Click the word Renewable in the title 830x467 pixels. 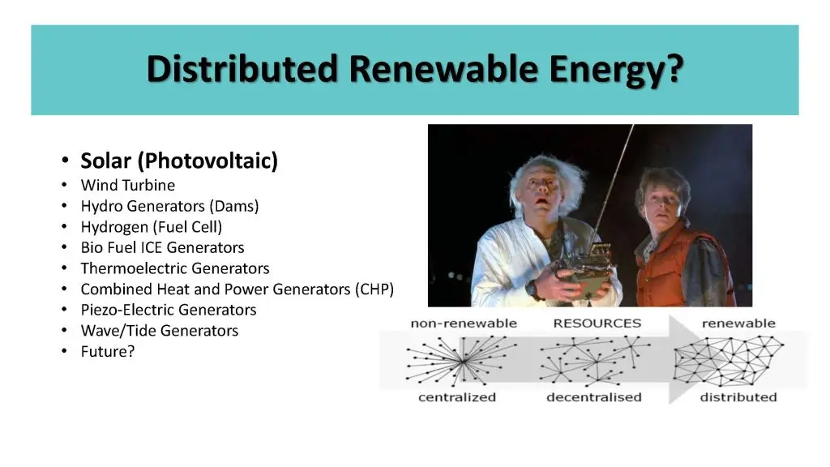[443, 69]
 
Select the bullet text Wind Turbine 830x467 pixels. [127, 186]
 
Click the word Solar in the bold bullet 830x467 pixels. [105, 161]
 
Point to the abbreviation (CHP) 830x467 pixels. [374, 289]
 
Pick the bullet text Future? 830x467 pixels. [108, 351]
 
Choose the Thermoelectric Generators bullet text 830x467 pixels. [175, 268]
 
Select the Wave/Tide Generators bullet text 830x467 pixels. [160, 331]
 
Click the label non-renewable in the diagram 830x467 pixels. [464, 323]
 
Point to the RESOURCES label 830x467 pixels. [597, 323]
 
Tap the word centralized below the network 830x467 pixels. [457, 397]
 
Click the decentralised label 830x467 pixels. [594, 397]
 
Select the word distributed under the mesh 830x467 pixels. [738, 397]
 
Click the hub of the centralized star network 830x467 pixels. [463, 361]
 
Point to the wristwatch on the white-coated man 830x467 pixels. [532, 289]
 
